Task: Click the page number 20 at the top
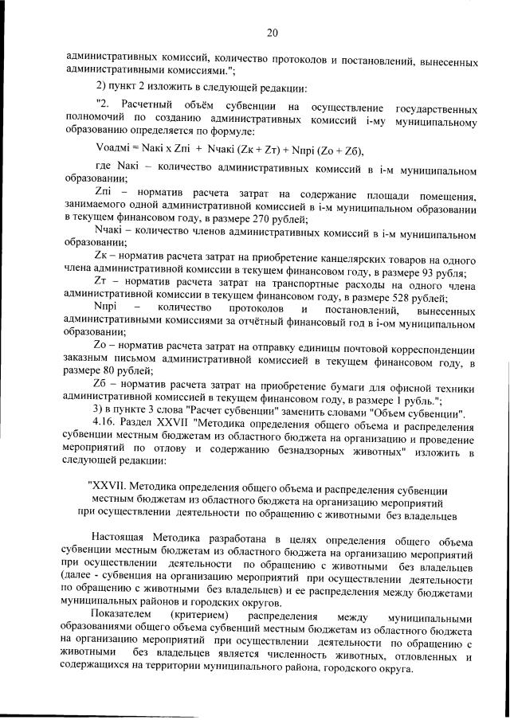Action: point(272,33)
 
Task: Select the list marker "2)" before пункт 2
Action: point(102,86)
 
